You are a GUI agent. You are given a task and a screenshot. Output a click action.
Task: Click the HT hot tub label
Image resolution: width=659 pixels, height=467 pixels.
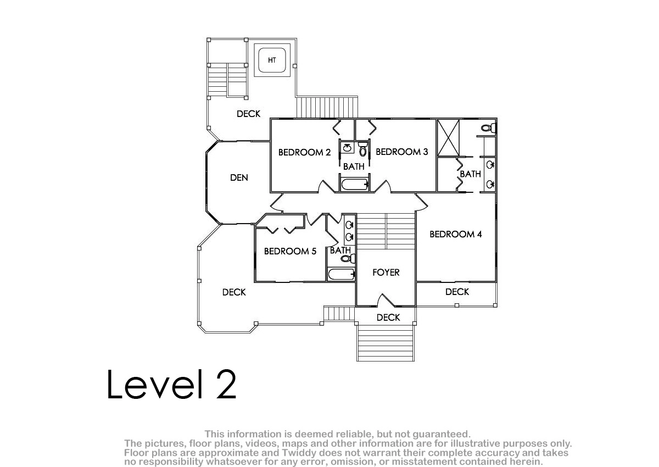(272, 60)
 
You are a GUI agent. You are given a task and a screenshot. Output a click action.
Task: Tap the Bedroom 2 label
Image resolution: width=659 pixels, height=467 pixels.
(304, 152)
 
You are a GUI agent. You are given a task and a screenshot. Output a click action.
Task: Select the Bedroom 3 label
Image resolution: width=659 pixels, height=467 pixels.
(402, 152)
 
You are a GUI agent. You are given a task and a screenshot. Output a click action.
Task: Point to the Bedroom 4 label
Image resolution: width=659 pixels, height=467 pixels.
(456, 234)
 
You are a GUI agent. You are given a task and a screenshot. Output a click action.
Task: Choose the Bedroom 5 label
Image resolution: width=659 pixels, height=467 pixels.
(290, 251)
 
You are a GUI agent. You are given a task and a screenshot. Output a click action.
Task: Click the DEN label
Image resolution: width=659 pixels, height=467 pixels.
(239, 178)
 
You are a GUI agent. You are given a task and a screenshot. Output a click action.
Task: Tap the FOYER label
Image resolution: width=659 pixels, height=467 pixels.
(386, 273)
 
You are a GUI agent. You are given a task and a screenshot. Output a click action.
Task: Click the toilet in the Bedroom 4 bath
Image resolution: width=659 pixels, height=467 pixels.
(489, 128)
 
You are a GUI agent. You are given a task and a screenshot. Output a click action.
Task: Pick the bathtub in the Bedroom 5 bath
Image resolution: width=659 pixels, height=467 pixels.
(341, 275)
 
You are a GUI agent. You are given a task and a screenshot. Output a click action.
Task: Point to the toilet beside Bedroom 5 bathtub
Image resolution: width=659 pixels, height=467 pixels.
(348, 259)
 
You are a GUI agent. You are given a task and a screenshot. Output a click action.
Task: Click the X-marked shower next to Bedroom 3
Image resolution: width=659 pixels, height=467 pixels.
(448, 138)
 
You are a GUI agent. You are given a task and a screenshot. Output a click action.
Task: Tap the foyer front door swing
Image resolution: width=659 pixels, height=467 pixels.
(386, 300)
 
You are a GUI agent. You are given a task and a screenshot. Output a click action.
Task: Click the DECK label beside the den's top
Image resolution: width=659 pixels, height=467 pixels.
(249, 114)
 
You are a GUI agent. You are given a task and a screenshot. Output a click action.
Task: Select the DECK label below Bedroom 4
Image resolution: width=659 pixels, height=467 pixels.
(457, 292)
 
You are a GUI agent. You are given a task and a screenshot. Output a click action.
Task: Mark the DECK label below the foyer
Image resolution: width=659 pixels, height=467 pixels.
(388, 318)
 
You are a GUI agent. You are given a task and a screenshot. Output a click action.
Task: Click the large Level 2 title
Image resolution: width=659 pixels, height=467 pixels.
(171, 384)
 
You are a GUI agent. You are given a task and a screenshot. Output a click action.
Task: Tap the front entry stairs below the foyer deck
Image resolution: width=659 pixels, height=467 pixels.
(386, 343)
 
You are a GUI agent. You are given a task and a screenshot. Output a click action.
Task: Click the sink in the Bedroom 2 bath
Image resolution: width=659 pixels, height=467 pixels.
(348, 147)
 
